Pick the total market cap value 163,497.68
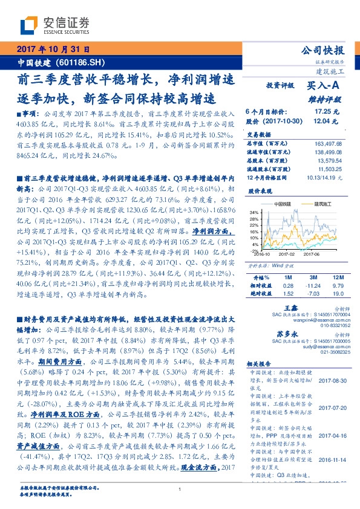coord(329,143)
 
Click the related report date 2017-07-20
coord(329,408)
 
